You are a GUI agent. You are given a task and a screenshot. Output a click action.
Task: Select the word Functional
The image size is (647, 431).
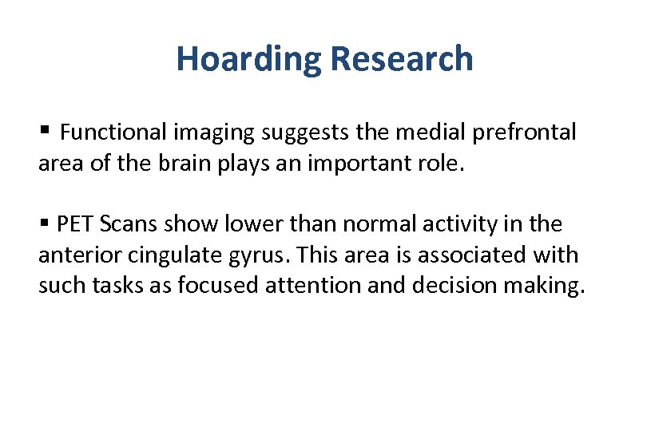tap(111, 132)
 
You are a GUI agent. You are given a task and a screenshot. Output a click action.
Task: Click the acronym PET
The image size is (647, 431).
tap(75, 224)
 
